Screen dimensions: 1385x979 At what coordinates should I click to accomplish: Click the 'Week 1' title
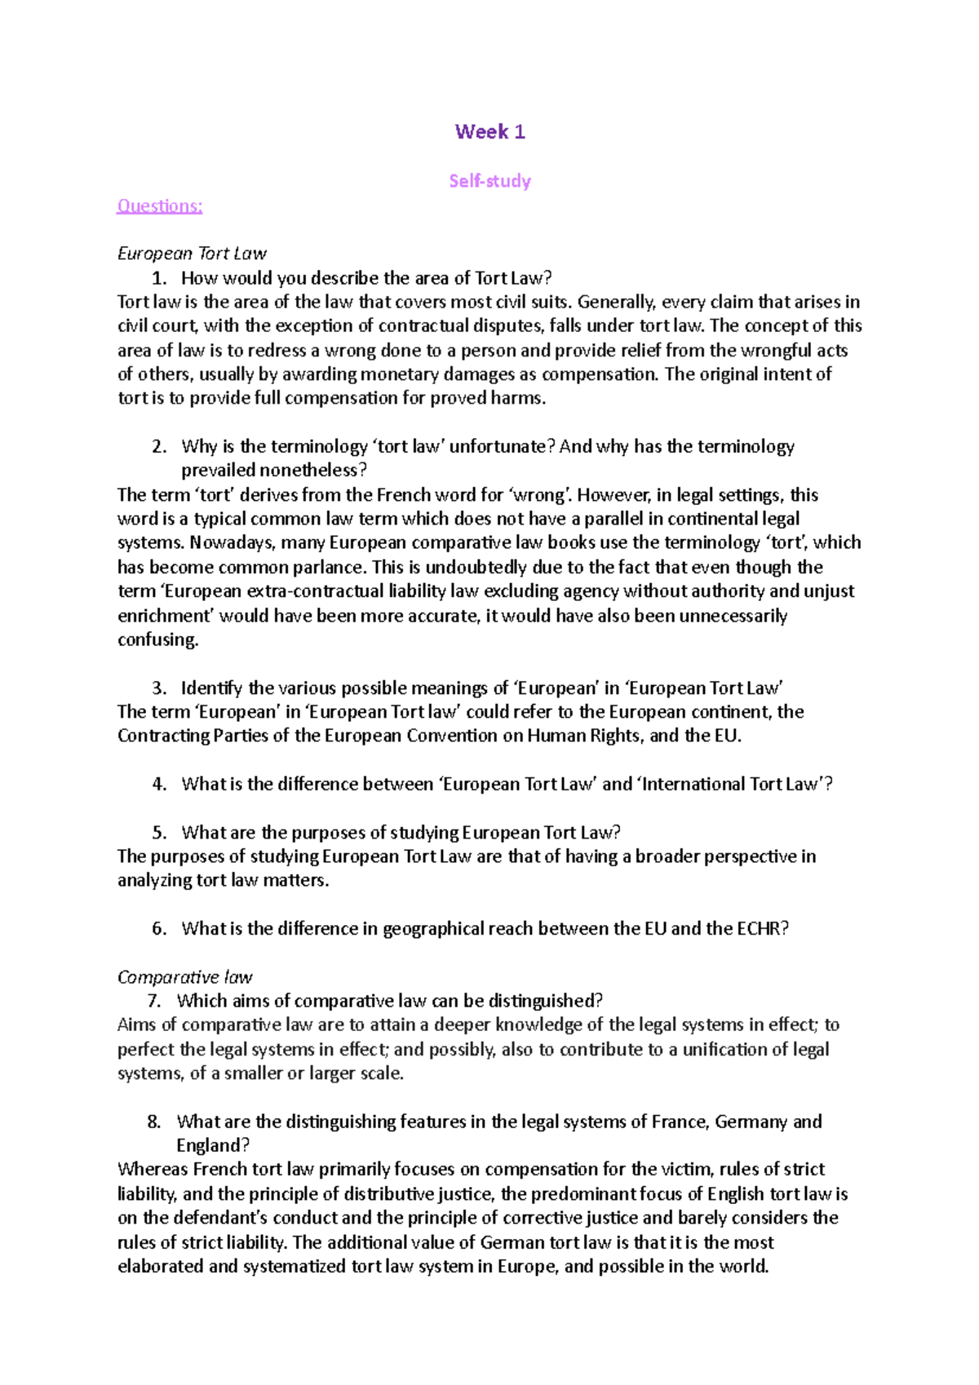[x=489, y=132]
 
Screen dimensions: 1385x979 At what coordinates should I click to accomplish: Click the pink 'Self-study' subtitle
[x=489, y=181]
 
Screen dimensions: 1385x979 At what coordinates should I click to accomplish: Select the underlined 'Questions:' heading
[x=159, y=206]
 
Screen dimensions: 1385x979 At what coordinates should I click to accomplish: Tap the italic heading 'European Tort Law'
[x=192, y=254]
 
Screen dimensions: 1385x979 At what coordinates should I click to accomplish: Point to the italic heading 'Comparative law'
[x=184, y=977]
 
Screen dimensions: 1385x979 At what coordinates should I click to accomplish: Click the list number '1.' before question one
[x=159, y=278]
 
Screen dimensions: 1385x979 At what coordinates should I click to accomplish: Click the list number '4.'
[x=159, y=785]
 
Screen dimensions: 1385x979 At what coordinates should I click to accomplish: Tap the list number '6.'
[x=159, y=929]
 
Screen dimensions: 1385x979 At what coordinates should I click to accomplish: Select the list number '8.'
[x=154, y=1122]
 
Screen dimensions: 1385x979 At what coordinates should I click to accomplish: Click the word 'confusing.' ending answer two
[x=158, y=639]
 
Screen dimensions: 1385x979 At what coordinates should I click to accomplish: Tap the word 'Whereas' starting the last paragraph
[x=153, y=1170]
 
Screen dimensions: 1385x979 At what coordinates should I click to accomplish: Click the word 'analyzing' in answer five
[x=154, y=881]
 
